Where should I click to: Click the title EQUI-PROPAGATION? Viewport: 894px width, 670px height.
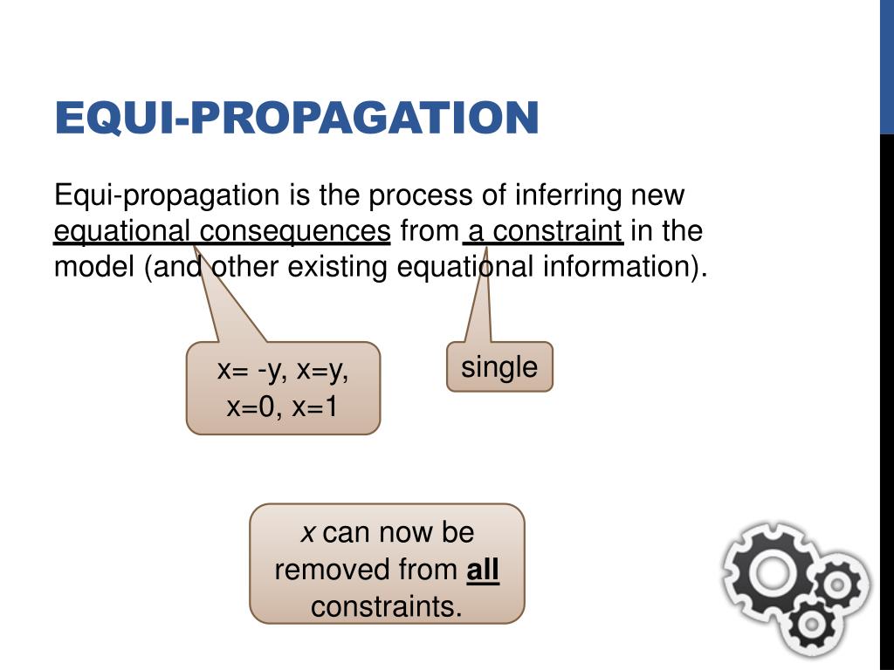point(296,119)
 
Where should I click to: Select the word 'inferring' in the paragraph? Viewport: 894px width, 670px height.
point(568,195)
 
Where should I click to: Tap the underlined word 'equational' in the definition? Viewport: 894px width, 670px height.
point(122,231)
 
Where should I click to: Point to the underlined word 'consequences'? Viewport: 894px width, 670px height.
point(294,231)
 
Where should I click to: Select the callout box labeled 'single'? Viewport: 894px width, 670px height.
point(499,366)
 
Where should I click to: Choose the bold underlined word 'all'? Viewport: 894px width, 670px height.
point(483,570)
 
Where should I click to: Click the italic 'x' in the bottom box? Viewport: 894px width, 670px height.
point(308,532)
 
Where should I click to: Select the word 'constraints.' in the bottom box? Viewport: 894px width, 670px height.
point(386,606)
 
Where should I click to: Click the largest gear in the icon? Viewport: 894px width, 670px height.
point(772,573)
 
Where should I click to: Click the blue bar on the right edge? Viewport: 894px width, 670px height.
point(886,66)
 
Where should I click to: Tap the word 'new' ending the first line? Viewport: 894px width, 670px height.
point(658,195)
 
